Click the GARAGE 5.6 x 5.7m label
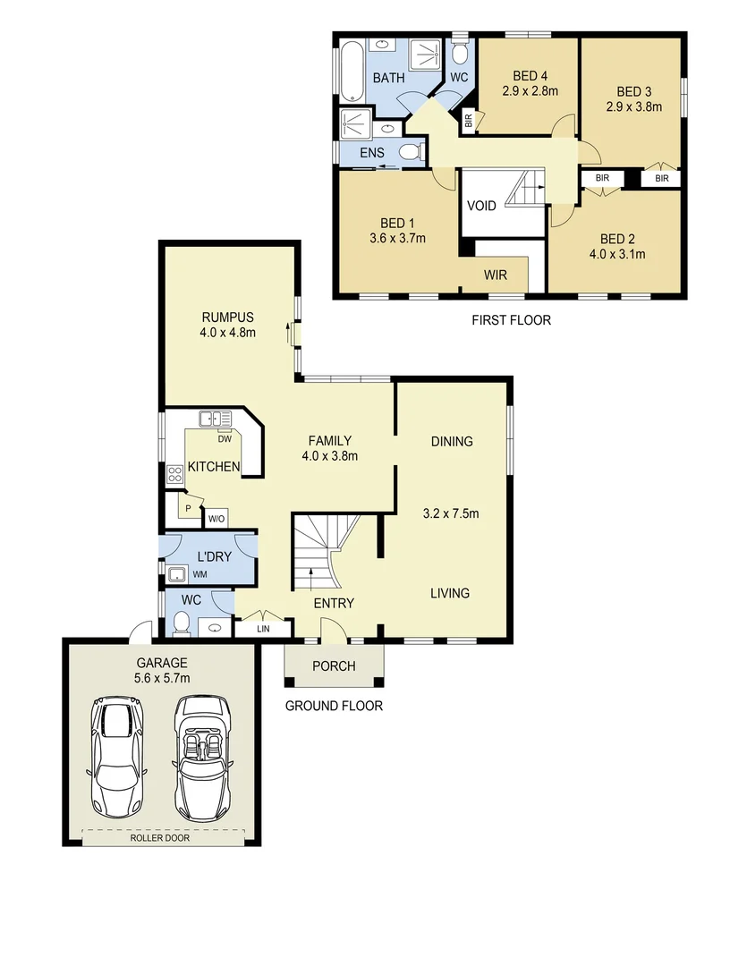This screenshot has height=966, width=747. point(162,670)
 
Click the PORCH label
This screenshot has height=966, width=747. point(334,666)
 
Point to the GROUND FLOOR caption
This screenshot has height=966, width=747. point(334,706)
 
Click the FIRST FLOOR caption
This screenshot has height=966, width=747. point(511,319)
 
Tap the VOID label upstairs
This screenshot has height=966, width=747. point(481,206)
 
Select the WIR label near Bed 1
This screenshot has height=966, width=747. point(496,275)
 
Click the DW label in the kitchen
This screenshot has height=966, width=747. point(224,438)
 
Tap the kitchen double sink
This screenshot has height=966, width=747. point(216,418)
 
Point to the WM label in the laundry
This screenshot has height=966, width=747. point(200,574)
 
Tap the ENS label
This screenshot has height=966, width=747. point(371,153)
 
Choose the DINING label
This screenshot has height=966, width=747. point(451,441)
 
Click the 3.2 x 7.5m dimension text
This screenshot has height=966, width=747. point(451,513)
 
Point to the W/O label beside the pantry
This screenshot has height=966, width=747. point(216,518)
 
